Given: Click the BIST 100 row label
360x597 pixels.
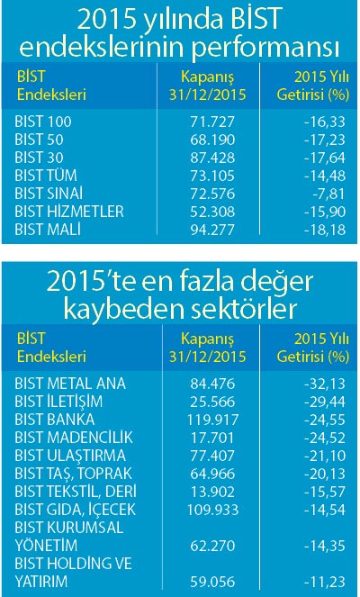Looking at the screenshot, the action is (43, 122).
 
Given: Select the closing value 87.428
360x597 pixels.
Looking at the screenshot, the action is (212, 158).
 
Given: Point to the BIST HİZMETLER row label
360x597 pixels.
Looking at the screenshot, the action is (69, 212).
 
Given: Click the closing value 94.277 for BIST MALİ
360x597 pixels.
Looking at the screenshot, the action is (212, 230).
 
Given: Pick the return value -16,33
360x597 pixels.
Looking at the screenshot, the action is (325, 122).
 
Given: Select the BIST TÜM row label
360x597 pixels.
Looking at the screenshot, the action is (46, 176).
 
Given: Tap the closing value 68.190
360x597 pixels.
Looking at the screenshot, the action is (212, 140).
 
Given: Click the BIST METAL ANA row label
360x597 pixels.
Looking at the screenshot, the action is (70, 384).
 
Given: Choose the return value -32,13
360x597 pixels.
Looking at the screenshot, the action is (325, 384).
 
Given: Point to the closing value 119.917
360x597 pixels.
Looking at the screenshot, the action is (212, 420).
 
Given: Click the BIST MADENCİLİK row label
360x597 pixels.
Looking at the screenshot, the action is (74, 438).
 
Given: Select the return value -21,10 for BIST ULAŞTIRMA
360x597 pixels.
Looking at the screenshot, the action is (325, 456).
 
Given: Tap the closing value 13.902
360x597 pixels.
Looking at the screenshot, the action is (212, 492).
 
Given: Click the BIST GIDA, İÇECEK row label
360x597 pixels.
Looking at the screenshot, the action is (76, 510).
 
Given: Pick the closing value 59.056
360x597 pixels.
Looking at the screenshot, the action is (212, 582).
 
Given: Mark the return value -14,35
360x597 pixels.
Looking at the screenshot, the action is (325, 546).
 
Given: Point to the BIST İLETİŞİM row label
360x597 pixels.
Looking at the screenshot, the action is (58, 402).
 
